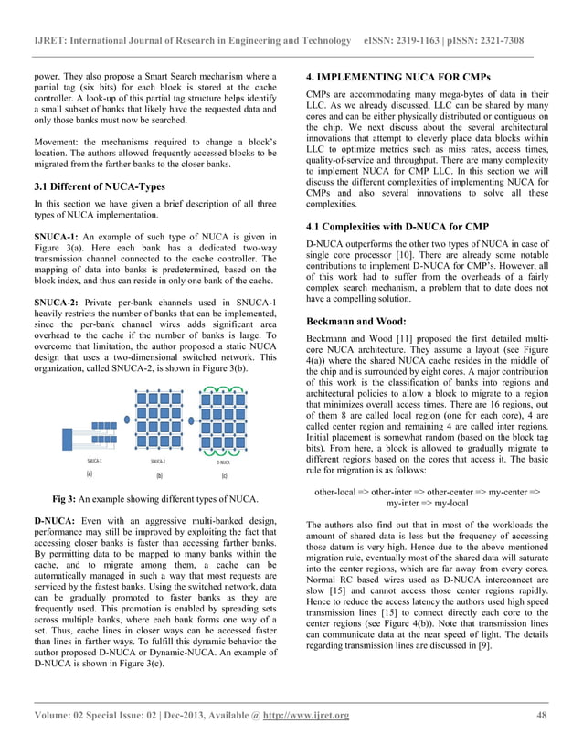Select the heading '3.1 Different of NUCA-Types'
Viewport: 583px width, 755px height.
tap(93, 186)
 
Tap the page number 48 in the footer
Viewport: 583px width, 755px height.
tap(542, 715)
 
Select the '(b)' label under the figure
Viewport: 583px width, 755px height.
tap(157, 476)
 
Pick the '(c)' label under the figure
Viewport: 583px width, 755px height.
tap(224, 476)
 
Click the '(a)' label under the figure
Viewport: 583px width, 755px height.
tap(90, 474)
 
